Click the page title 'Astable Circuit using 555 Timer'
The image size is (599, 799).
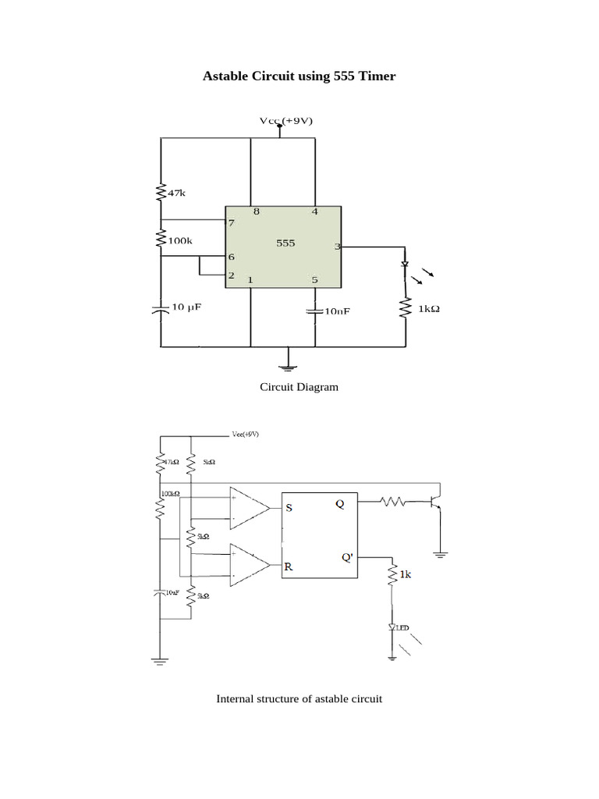coord(299,76)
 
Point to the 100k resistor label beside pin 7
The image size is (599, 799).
coord(179,241)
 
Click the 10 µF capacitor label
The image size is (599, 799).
coord(186,307)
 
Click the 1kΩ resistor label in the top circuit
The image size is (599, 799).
coord(429,309)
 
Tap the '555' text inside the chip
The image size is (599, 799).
coord(285,243)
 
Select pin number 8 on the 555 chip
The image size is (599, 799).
coord(255,211)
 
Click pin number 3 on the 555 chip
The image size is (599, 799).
coord(337,247)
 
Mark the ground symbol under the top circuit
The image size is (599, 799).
coord(289,360)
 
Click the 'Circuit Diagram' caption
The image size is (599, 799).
coord(299,387)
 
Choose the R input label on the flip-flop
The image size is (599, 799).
coord(289,567)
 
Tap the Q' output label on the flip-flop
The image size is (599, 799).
coord(346,557)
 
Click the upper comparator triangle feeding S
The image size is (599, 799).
coord(248,508)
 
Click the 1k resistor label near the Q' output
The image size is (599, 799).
coord(405,574)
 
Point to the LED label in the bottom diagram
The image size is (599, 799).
coord(402,627)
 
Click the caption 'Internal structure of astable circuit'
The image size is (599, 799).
coord(299,699)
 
